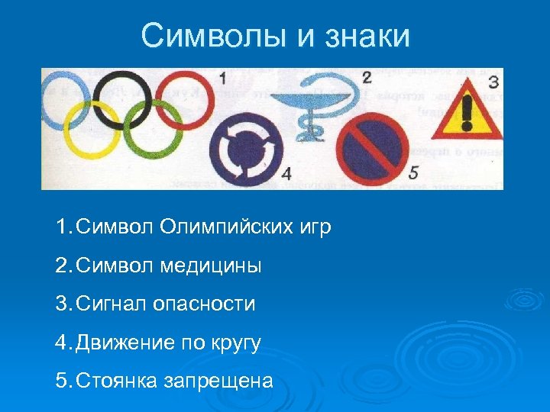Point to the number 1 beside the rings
click(x=222, y=78)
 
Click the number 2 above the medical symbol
click(x=366, y=77)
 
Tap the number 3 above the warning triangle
click(x=493, y=81)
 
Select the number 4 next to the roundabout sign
click(x=286, y=173)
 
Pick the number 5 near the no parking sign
click(x=414, y=171)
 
